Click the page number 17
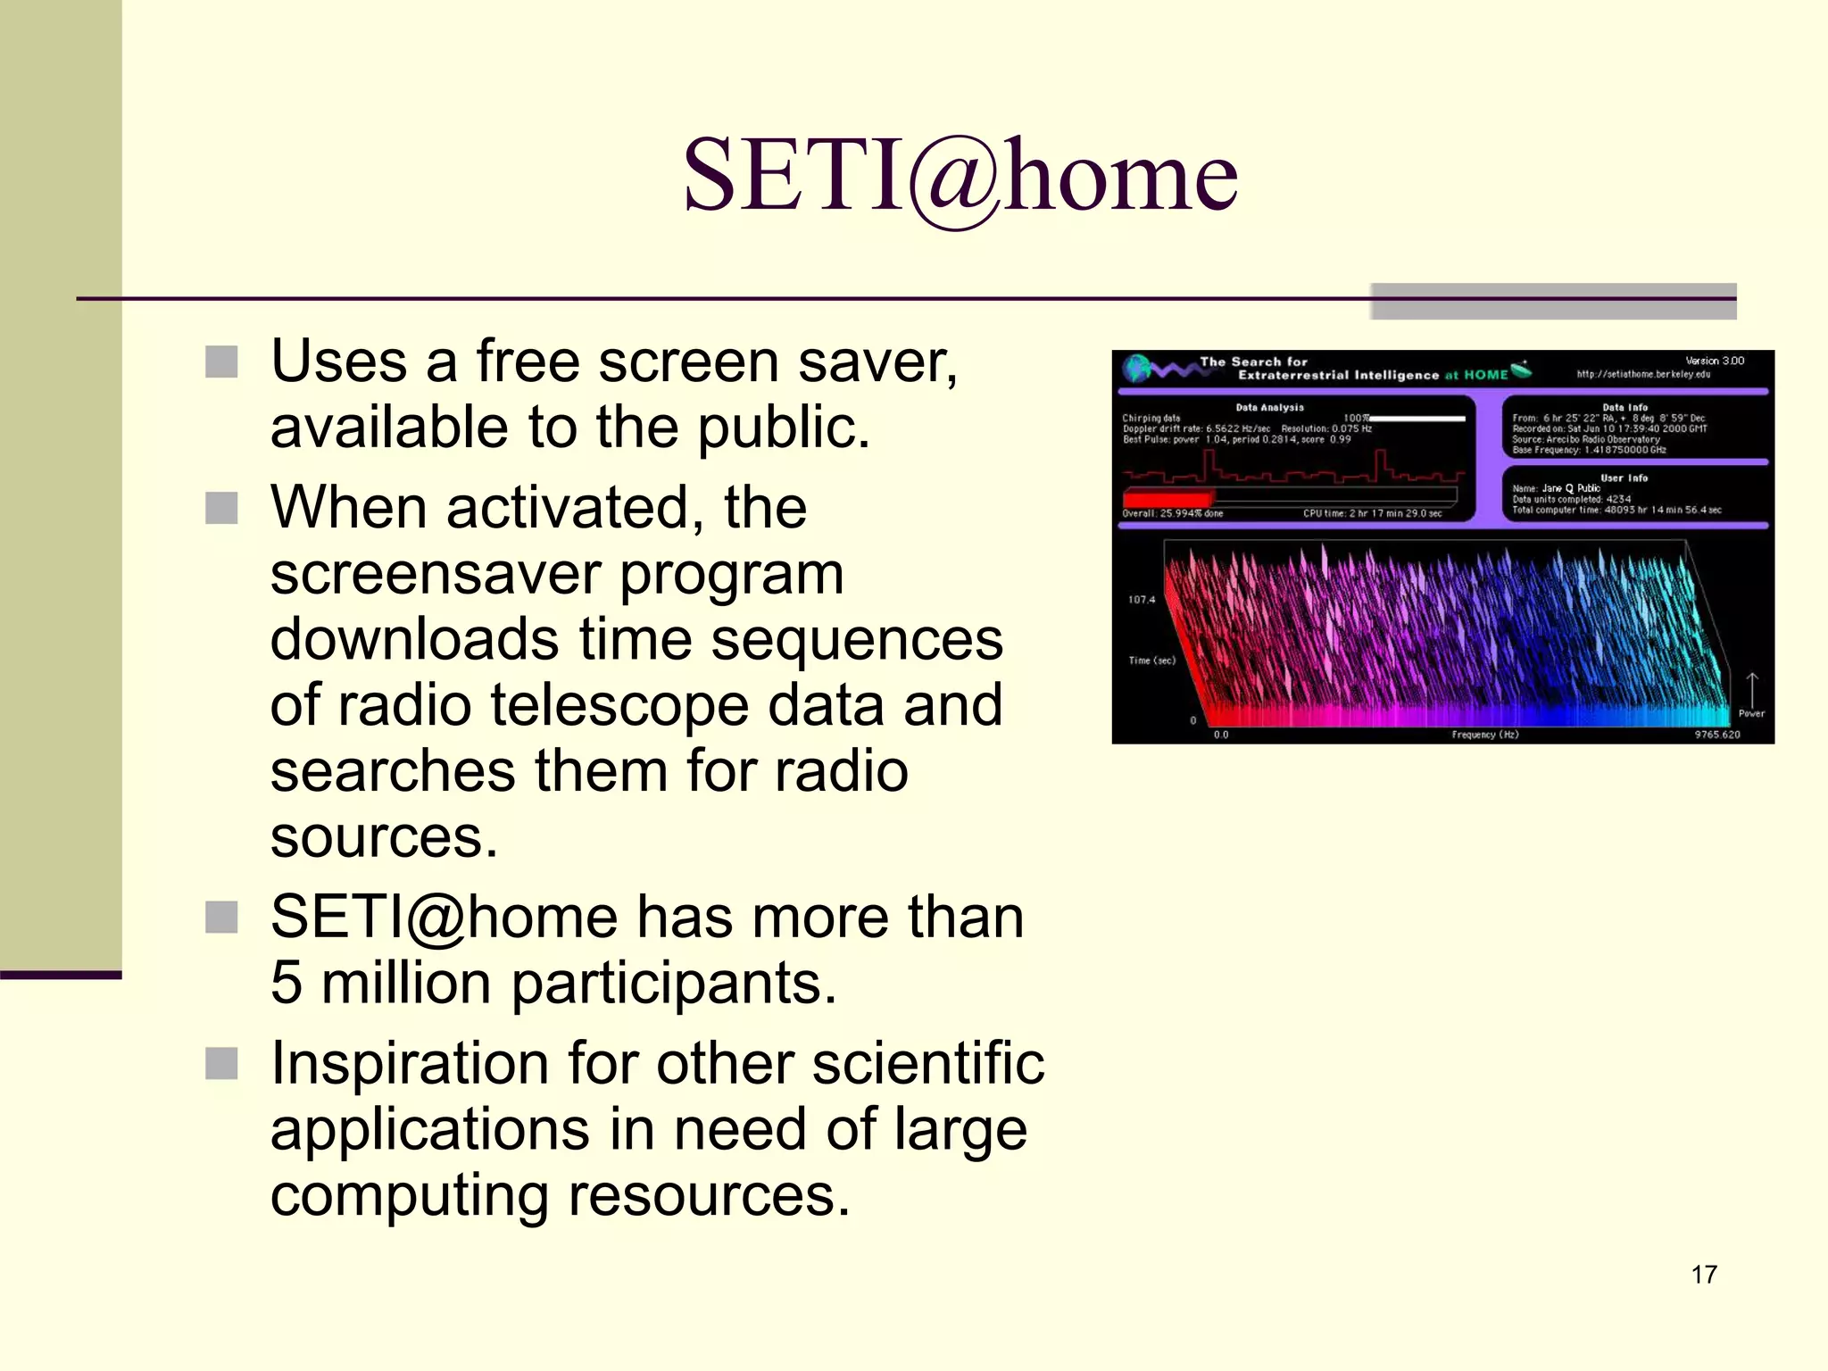[x=1703, y=1275]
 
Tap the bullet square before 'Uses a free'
[x=221, y=362]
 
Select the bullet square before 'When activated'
[x=221, y=508]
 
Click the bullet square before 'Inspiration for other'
[x=221, y=1063]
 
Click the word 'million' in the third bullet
[x=406, y=983]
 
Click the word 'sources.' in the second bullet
[x=384, y=837]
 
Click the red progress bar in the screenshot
[x=1167, y=498]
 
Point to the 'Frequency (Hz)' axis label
[x=1484, y=735]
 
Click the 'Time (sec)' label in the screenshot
[x=1151, y=661]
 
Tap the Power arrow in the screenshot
[x=1751, y=690]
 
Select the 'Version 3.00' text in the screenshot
[x=1714, y=361]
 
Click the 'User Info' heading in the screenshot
[x=1624, y=478]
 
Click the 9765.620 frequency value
[x=1716, y=735]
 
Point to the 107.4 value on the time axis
[x=1141, y=600]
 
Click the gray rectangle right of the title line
[x=1553, y=302]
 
